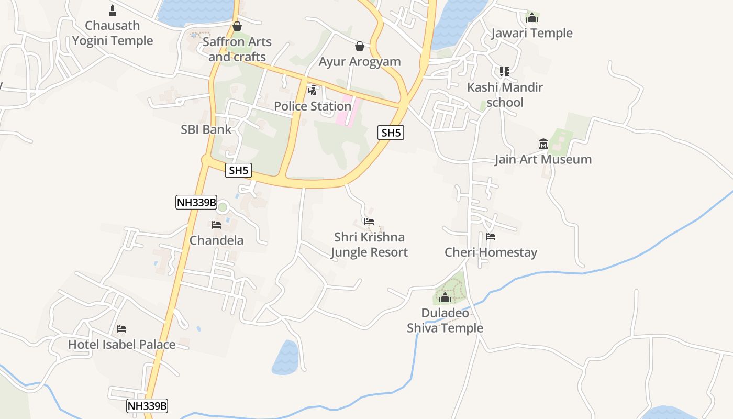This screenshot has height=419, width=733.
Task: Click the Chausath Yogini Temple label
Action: click(x=113, y=33)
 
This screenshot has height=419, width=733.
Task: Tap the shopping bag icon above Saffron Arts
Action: click(x=237, y=26)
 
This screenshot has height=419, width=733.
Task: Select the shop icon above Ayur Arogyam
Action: click(x=360, y=46)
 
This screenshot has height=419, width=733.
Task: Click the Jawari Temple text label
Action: click(x=532, y=33)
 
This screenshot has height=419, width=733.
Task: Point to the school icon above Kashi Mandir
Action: click(x=505, y=71)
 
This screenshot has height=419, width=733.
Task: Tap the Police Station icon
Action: click(x=313, y=90)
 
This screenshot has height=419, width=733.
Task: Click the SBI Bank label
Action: click(x=206, y=129)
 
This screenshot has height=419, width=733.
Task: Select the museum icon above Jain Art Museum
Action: click(x=543, y=144)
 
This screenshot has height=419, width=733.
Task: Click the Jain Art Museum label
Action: click(x=543, y=159)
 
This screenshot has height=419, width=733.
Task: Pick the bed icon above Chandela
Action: click(x=216, y=225)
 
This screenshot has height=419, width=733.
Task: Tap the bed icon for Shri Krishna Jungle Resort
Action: click(x=369, y=222)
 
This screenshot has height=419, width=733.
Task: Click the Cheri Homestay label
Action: click(x=491, y=252)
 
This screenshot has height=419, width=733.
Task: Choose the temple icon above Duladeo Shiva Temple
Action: click(x=445, y=298)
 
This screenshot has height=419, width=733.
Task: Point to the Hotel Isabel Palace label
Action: click(x=121, y=345)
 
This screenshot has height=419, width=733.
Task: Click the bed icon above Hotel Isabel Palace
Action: click(x=121, y=329)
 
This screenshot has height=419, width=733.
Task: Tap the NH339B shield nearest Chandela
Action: click(x=196, y=202)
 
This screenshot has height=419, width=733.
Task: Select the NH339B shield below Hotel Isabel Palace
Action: click(x=147, y=405)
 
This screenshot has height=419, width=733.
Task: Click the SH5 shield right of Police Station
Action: click(x=391, y=133)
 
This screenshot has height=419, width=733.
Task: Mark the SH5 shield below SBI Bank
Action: click(x=238, y=170)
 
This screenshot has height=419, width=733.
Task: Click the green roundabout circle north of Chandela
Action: click(x=223, y=207)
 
